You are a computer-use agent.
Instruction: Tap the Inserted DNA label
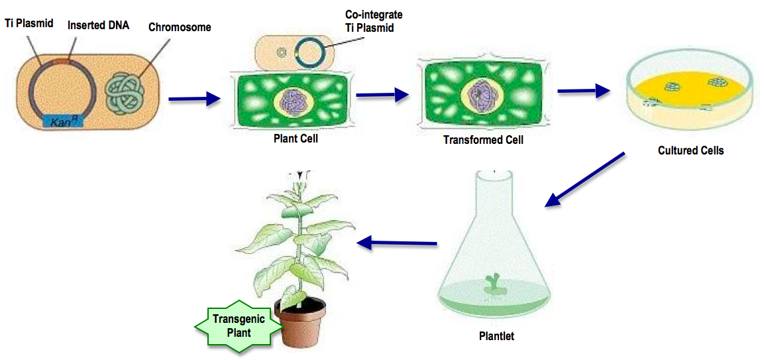[98, 26]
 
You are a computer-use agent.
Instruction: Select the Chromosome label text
[180, 27]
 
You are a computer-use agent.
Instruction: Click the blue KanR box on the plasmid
[62, 121]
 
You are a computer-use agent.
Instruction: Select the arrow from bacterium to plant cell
[194, 99]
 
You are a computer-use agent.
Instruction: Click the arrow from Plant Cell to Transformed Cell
[382, 95]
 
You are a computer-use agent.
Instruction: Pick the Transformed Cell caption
[483, 140]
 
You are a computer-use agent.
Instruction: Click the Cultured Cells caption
[690, 150]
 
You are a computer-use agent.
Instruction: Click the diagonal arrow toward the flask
[584, 180]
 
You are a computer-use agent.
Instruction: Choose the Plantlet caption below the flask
[496, 336]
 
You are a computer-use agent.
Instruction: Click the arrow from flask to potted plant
[397, 243]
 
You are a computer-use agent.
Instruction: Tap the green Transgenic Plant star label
[239, 326]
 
